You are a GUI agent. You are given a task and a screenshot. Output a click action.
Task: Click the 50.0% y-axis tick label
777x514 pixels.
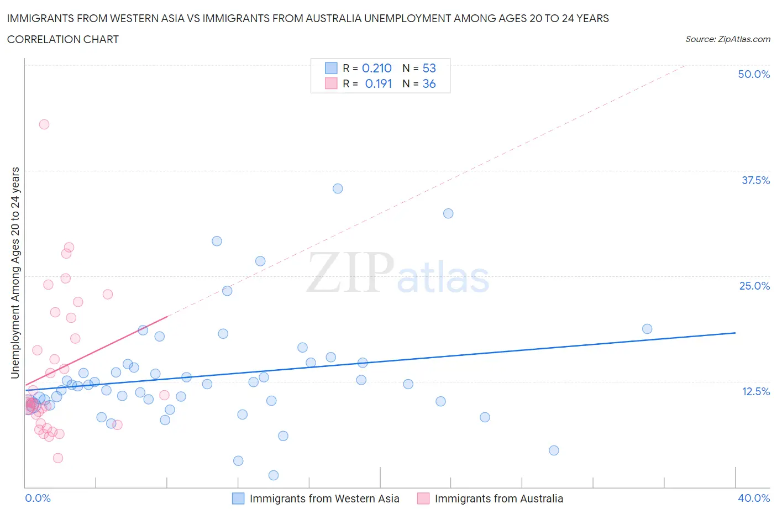coord(754,74)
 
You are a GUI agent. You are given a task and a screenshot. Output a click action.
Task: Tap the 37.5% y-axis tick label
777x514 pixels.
coord(755,180)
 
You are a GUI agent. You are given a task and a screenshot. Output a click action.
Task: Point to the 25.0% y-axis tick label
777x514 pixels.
coord(754,286)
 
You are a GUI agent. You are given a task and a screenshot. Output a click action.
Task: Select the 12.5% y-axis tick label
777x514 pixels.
coord(755,391)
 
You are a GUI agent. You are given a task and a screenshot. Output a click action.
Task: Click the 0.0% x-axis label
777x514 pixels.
coord(38,498)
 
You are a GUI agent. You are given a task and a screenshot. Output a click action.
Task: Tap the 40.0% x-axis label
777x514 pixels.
coord(754,498)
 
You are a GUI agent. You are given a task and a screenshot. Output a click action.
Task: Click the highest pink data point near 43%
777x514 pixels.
coord(44,124)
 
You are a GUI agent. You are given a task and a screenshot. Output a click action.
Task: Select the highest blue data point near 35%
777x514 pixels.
coord(338,188)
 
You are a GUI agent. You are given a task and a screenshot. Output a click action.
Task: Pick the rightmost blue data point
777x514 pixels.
coord(647,329)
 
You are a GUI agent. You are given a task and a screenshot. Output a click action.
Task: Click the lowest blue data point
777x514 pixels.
coord(273,475)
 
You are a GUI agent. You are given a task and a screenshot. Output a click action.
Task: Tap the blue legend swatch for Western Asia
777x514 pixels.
coord(238,499)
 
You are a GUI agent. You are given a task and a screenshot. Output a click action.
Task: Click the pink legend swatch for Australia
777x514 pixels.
coord(423,499)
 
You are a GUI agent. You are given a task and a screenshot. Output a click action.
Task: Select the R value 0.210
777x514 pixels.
coord(376,68)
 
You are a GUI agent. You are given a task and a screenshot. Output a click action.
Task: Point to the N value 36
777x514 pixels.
coord(429,83)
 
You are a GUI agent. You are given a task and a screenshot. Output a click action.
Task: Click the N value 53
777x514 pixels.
coord(429,68)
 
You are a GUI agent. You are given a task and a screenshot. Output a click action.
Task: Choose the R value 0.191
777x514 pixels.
coord(378,83)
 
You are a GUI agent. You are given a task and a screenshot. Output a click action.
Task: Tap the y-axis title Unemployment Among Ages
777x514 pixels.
coord(15,272)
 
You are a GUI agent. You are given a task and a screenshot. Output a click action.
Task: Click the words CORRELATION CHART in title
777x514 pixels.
coord(63,39)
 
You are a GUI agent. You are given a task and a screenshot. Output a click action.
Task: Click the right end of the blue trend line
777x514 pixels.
coord(735,333)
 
